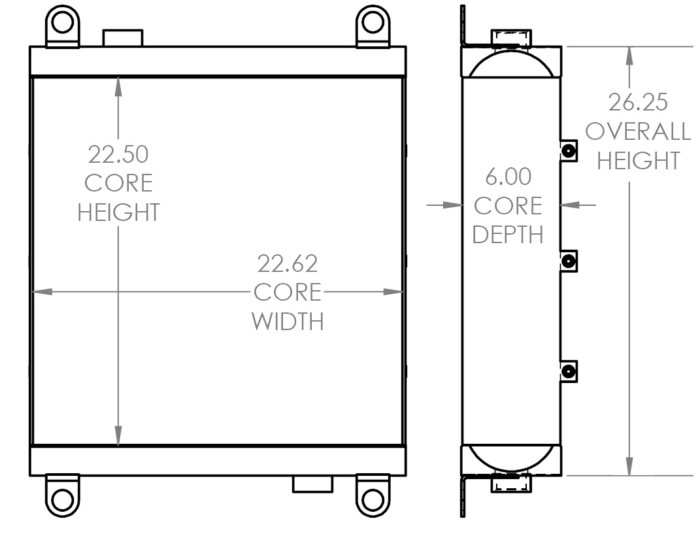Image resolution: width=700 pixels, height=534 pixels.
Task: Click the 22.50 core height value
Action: pyautogui.click(x=118, y=154)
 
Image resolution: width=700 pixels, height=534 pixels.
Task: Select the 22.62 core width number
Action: pyautogui.click(x=288, y=263)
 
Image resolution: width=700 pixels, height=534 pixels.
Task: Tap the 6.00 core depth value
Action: pyautogui.click(x=508, y=177)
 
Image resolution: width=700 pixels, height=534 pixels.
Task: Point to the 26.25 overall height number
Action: pyautogui.click(x=638, y=103)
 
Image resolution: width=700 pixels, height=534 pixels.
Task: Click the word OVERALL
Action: pyautogui.click(x=638, y=131)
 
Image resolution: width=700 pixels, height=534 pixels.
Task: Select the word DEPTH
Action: pyautogui.click(x=508, y=235)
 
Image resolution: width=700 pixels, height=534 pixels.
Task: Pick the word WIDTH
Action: pyautogui.click(x=288, y=322)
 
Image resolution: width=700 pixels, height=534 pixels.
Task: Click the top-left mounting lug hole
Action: pyautogui.click(x=62, y=22)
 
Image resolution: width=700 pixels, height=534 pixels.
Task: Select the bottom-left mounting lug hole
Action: pyautogui.click(x=62, y=500)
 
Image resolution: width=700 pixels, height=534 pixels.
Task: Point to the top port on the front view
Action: pyautogui.click(x=123, y=37)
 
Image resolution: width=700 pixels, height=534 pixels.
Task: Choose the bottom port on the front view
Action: pyautogui.click(x=312, y=484)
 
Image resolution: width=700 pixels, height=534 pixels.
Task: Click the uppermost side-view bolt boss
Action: pyautogui.click(x=569, y=151)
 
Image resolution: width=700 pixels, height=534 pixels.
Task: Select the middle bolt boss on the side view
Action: pyautogui.click(x=569, y=262)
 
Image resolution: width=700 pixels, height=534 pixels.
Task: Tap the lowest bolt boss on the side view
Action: pyautogui.click(x=569, y=372)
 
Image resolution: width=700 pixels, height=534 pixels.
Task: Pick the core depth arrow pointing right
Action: pyautogui.click(x=452, y=205)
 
